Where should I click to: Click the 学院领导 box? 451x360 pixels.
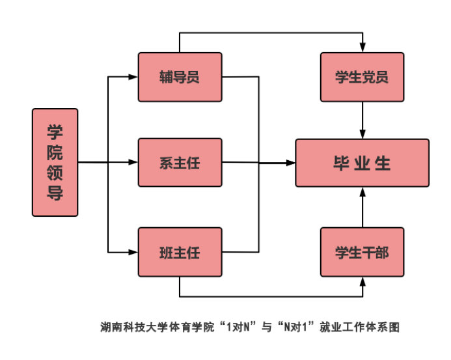click(55, 162)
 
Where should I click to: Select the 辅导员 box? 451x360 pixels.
click(180, 77)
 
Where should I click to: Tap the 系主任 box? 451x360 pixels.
click(180, 162)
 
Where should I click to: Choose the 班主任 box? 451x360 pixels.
click(180, 251)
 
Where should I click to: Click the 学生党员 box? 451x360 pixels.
click(362, 77)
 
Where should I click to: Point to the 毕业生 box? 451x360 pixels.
click(362, 163)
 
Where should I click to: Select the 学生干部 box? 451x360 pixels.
click(362, 251)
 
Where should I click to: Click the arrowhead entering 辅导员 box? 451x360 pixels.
click(133, 77)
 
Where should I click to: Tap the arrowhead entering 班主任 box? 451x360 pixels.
click(133, 251)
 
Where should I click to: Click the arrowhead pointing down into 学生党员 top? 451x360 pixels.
click(362, 48)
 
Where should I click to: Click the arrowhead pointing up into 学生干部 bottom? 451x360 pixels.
click(362, 281)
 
